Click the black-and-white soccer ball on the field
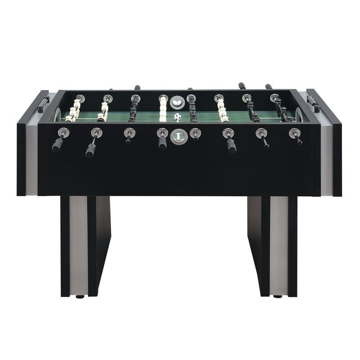coord(177,117)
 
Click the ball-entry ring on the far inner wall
coord(177,102)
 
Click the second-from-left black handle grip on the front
coord(90,150)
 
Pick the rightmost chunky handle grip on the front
coord(232,145)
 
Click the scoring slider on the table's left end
coord(43,104)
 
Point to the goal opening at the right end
coord(299,115)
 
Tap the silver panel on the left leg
coord(78,245)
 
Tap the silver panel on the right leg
coord(279,245)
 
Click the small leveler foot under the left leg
coord(80,297)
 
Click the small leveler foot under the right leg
coord(278,297)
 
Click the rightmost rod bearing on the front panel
coord(294,133)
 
